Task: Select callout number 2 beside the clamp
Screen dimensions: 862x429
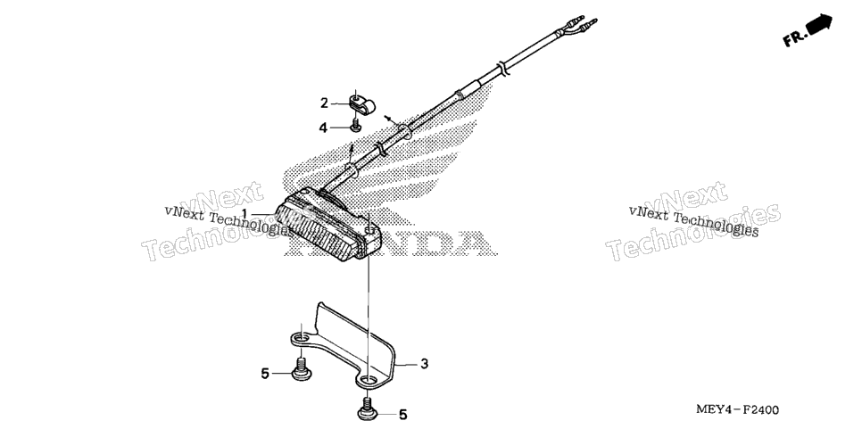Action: point(324,103)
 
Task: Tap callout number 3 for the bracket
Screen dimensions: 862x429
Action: point(425,364)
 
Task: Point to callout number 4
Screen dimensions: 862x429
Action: point(323,128)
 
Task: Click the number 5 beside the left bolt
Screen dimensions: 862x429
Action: point(265,374)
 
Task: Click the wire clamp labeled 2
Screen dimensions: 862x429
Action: point(359,104)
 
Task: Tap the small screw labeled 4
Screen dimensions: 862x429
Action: point(356,125)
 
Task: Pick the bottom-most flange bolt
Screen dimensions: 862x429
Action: point(368,409)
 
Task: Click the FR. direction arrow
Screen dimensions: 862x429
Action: point(819,25)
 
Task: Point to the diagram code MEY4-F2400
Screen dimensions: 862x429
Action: point(737,409)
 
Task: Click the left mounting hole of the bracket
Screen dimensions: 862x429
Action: point(301,337)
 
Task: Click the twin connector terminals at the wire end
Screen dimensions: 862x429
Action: point(581,25)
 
